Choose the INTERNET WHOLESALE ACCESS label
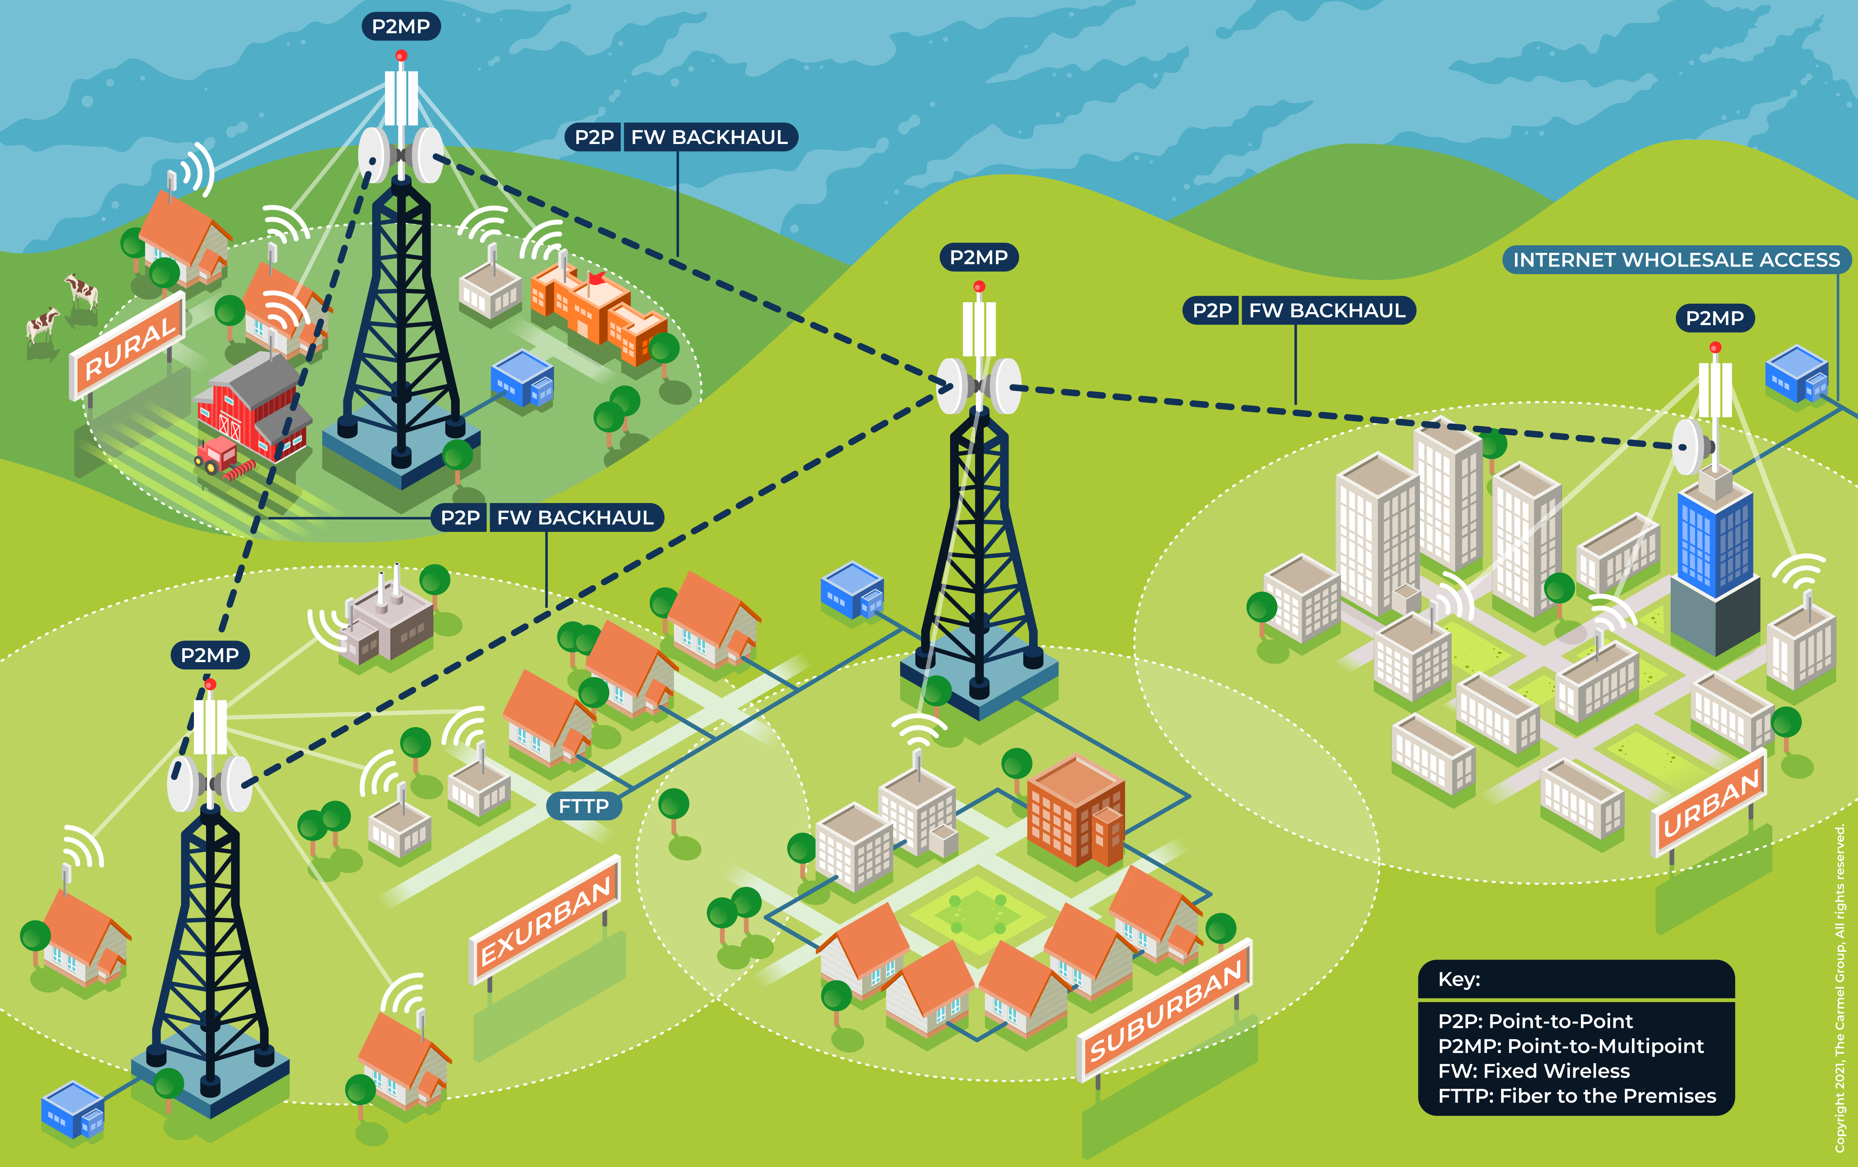click(1676, 259)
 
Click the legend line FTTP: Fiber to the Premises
click(1576, 1096)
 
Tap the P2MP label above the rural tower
click(401, 26)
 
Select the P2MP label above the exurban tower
click(210, 655)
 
